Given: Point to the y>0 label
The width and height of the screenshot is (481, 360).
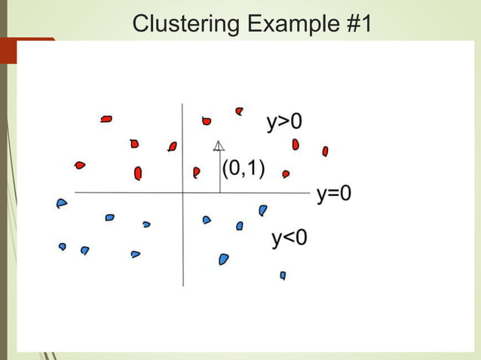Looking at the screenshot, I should [x=283, y=122].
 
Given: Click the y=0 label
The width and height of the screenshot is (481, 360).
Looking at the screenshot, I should [x=333, y=194].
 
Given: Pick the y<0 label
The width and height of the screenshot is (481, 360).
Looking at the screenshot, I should [x=290, y=239].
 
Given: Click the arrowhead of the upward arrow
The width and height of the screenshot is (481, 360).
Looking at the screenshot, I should [x=219, y=145].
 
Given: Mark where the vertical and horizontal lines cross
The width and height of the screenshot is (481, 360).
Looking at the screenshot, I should [x=182, y=193].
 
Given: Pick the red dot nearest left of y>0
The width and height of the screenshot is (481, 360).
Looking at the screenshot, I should [x=240, y=111].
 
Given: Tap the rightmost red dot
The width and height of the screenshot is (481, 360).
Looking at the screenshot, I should [x=325, y=151].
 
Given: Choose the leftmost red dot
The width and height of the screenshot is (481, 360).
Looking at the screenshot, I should [x=80, y=165].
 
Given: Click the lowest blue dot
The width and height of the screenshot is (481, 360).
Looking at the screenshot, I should [x=283, y=276].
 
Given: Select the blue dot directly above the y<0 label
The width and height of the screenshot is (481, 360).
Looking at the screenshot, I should [x=262, y=210].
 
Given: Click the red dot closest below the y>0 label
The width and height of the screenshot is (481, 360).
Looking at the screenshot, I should [x=296, y=144].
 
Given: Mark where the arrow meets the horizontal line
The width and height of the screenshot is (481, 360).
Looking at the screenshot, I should [x=219, y=193].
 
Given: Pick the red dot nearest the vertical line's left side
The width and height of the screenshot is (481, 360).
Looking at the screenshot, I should [x=173, y=146].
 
